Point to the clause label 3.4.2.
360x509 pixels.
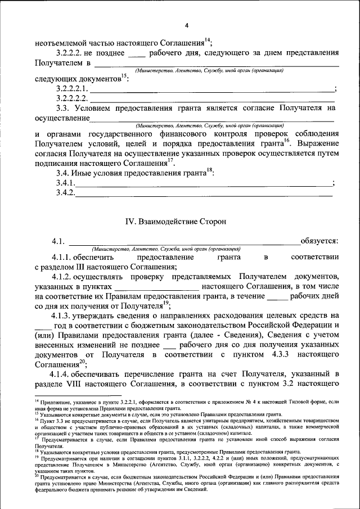pyautogui.click(x=66, y=193)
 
